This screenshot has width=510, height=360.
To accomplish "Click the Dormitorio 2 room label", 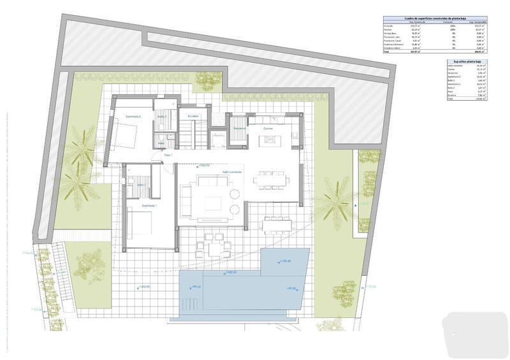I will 133,117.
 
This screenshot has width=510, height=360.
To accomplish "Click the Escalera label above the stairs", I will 193,116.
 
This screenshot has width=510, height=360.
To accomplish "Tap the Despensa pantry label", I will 240,129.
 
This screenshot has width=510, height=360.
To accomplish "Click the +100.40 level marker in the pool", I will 284,261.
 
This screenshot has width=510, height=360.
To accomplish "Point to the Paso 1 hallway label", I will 169,155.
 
